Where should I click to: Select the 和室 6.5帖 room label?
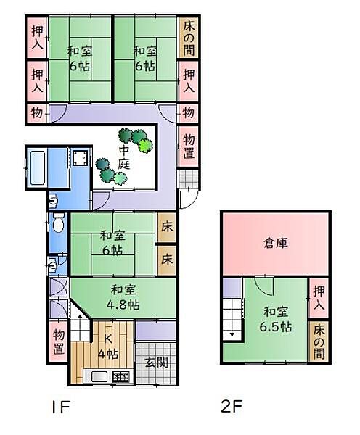(277, 319)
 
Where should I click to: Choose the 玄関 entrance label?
(155, 362)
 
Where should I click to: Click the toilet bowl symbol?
(58, 223)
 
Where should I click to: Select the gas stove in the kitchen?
(120, 376)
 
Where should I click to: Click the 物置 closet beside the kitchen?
(58, 343)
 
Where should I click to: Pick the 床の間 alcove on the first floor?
(188, 37)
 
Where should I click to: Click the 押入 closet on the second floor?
(319, 298)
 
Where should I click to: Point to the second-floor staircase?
(233, 319)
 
